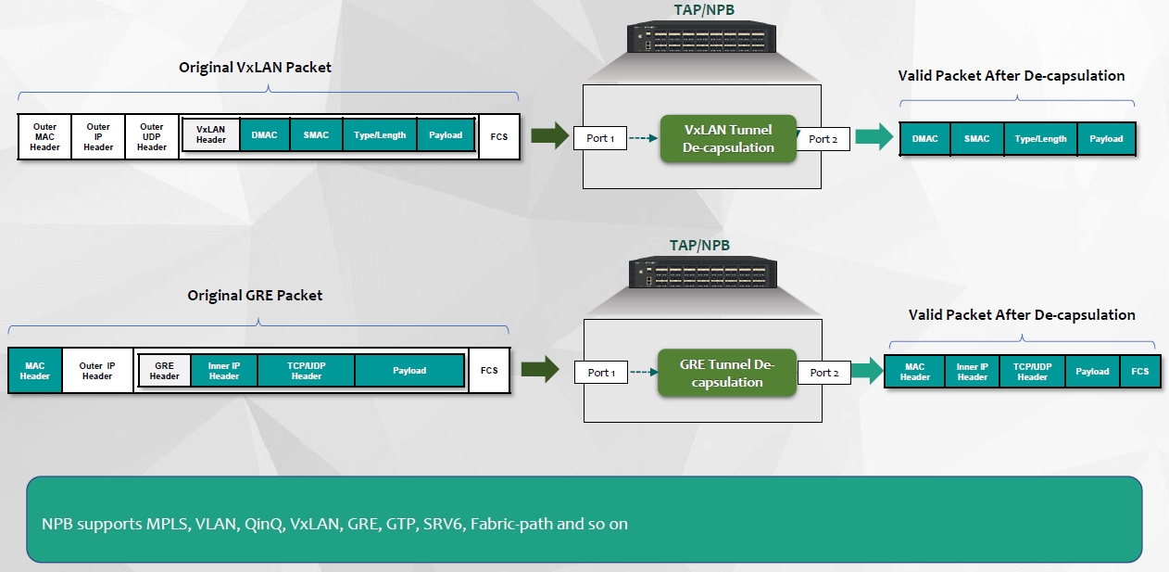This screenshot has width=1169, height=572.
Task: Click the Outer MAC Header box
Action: pyautogui.click(x=44, y=137)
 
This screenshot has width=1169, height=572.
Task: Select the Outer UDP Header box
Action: pyautogui.click(x=152, y=137)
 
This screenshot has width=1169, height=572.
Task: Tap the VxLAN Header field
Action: pyautogui.click(x=211, y=135)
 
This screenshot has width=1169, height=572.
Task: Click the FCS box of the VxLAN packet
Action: pyautogui.click(x=499, y=136)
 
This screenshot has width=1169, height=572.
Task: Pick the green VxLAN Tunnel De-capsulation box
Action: pyautogui.click(x=728, y=139)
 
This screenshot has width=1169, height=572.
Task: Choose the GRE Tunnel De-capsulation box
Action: pyautogui.click(x=727, y=374)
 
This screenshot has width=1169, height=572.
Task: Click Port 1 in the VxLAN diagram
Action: pyautogui.click(x=600, y=139)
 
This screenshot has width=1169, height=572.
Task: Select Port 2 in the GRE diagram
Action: pyautogui.click(x=824, y=373)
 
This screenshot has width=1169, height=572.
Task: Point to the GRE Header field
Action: pyautogui.click(x=165, y=371)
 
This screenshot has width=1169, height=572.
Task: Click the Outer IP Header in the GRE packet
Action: pyautogui.click(x=97, y=371)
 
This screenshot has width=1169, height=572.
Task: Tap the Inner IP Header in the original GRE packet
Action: pyautogui.click(x=224, y=371)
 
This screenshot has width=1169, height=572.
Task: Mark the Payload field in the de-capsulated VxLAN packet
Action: pyautogui.click(x=1106, y=139)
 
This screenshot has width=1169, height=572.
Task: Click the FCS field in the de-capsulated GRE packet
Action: pyautogui.click(x=1139, y=372)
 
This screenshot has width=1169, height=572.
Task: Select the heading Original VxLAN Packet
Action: pyautogui.click(x=255, y=68)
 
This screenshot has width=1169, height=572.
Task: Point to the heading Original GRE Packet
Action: pyautogui.click(x=255, y=295)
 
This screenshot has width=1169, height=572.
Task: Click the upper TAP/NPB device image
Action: pyautogui.click(x=701, y=39)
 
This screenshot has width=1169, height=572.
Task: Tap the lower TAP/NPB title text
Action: pyautogui.click(x=701, y=246)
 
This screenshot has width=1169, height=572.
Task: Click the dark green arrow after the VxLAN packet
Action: pyautogui.click(x=549, y=136)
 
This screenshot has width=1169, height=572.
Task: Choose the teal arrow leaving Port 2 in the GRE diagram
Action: pyautogui.click(x=868, y=372)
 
